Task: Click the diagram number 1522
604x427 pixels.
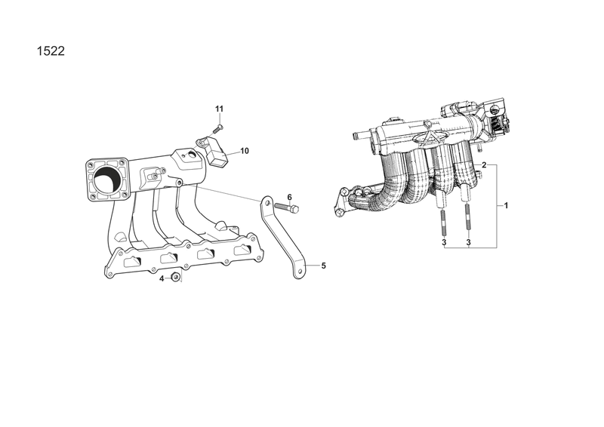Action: [51, 51]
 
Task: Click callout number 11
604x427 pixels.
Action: [219, 109]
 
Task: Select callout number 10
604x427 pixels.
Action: [245, 151]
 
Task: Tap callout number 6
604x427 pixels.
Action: [290, 197]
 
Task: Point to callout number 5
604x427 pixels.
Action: [324, 266]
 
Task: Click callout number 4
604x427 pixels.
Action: [162, 278]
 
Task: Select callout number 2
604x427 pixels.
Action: [484, 165]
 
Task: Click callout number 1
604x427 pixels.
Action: [506, 206]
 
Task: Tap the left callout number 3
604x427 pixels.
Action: [444, 242]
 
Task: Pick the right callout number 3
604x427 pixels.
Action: [468, 242]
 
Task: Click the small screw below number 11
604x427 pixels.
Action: [217, 128]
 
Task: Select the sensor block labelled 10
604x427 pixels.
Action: [217, 154]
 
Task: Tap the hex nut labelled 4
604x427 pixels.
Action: [175, 278]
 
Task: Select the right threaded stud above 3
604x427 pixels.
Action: [467, 217]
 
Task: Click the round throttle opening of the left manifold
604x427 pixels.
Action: [106, 180]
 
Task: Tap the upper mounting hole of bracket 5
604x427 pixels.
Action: [267, 202]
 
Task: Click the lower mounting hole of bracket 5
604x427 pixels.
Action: [300, 272]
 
